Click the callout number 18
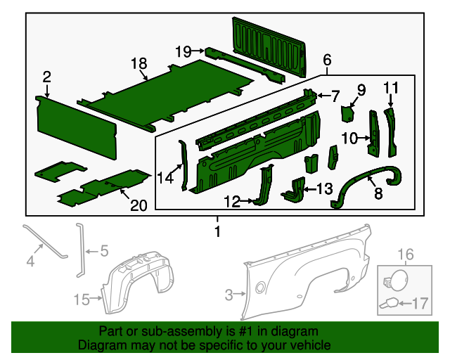[139, 64]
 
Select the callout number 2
[46, 77]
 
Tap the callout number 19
[183, 51]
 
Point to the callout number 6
[327, 60]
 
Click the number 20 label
[139, 205]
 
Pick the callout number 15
[82, 300]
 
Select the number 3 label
[228, 296]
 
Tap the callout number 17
[419, 304]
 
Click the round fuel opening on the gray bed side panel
[261, 286]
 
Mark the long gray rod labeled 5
[79, 250]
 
